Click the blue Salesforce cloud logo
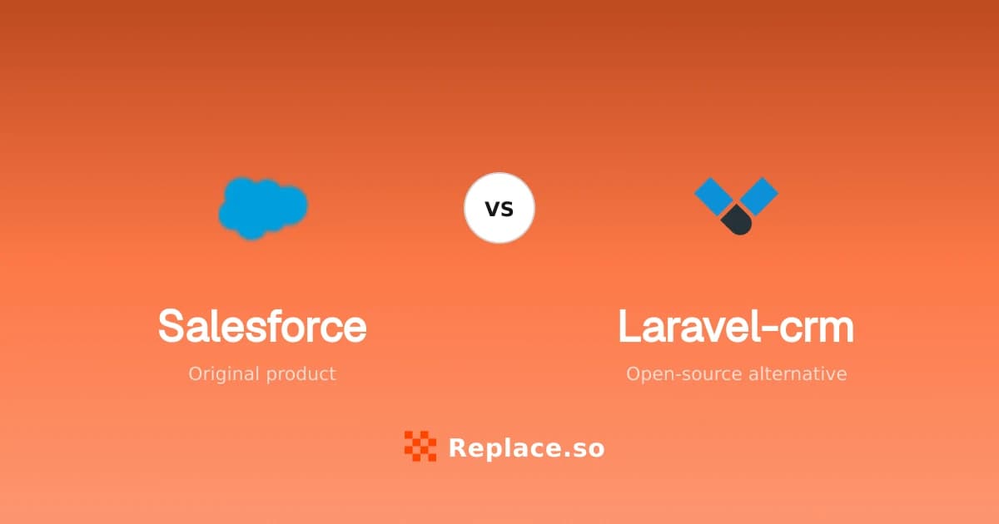pos(263,208)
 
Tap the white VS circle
pos(499,208)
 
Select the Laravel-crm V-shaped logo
pos(736,206)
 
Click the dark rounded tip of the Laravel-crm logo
pos(737,220)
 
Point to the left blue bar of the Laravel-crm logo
pos(713,196)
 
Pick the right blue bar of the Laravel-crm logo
pos(759,196)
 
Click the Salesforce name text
pos(262,326)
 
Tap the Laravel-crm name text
pos(736,327)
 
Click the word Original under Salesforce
pos(223,374)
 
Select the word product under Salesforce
pos(301,373)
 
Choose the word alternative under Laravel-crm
pos(798,373)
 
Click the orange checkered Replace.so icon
pos(420,446)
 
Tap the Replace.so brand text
pos(527,448)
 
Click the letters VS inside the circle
pos(499,209)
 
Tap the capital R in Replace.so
pos(459,447)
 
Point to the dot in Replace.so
pos(566,455)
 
